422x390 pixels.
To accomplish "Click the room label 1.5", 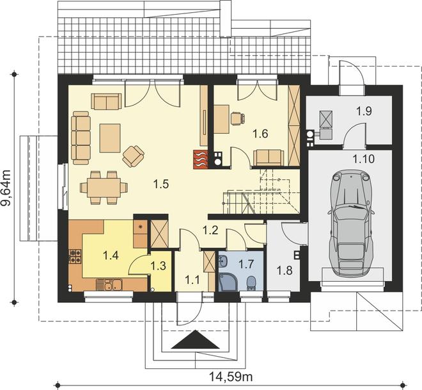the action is point(160,184).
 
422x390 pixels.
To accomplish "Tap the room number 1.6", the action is point(261,133).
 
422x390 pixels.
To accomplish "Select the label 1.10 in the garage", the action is point(364,159).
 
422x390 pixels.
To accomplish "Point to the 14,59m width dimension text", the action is point(231,377).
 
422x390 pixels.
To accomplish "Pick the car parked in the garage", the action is point(351,222).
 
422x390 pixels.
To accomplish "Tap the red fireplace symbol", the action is point(201,159).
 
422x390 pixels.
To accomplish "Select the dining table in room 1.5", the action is point(104,188).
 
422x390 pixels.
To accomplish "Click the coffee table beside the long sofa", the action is point(110,138).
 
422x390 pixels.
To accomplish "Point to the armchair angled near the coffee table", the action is point(133,156).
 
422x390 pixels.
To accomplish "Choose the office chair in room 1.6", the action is point(238,118).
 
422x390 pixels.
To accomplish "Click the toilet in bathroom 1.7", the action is point(251,283).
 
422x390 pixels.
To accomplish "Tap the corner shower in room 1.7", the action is point(227,282).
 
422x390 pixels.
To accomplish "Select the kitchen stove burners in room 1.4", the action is point(75,256).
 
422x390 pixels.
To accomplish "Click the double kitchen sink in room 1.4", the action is point(113,284).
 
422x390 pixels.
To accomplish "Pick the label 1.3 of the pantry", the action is point(159,266).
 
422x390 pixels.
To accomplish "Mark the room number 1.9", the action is point(364,111).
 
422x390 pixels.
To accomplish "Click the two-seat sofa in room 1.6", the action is point(269,158).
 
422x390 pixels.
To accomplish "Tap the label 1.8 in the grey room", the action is point(285,270).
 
